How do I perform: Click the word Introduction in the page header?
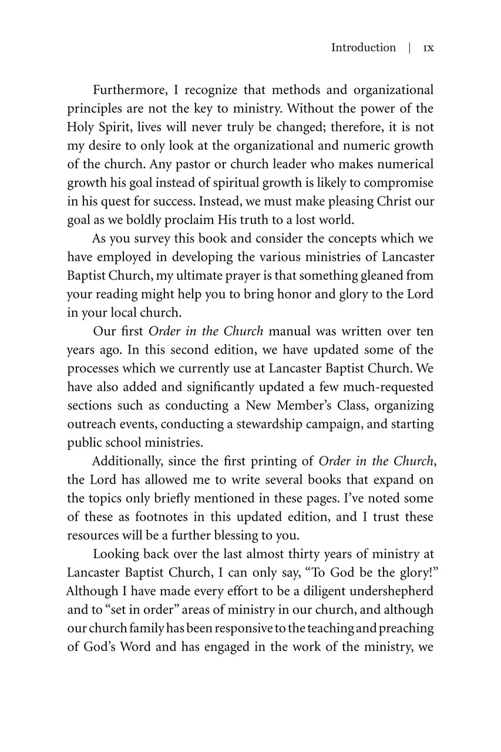point(363,48)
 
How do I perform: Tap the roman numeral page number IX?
point(428,48)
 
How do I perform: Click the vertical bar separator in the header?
point(409,48)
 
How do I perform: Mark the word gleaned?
point(382,276)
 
